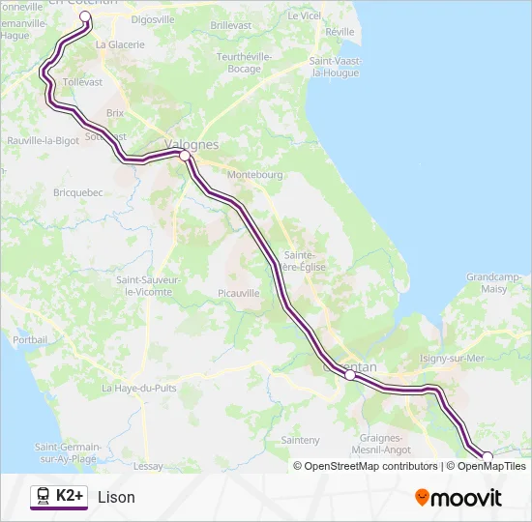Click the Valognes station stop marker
[185, 155]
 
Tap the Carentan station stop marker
[350, 376]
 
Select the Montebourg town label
[254, 175]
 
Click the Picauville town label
[239, 291]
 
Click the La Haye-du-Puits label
[139, 388]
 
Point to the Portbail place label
[30, 339]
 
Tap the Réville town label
[340, 31]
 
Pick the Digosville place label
[153, 18]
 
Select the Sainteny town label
[300, 440]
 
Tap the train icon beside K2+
[44, 497]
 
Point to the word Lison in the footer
[116, 498]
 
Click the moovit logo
[458, 498]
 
